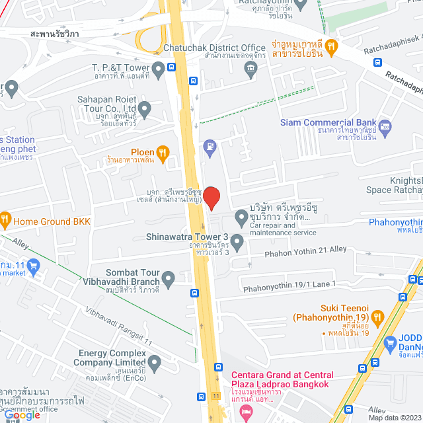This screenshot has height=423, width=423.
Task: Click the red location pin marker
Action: (x=211, y=198)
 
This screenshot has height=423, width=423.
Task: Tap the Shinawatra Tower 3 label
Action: (x=188, y=238)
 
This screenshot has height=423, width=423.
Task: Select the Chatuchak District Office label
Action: (x=223, y=48)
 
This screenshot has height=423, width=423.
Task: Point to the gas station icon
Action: (x=210, y=145)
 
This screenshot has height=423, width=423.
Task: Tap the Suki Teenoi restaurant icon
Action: (x=377, y=317)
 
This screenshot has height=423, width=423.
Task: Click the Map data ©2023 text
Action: (x=394, y=418)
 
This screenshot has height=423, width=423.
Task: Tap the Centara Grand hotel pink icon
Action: (x=246, y=412)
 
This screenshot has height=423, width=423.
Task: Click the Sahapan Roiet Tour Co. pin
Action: (x=145, y=108)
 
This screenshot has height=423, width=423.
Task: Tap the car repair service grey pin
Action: (x=241, y=217)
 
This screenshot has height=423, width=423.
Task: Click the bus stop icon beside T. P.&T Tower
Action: (x=171, y=67)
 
